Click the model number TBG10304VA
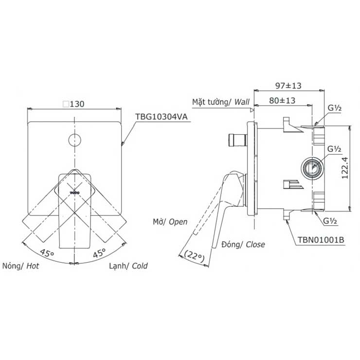point(161,117)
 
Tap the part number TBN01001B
point(321,240)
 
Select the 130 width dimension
point(77,104)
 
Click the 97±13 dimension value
point(288,86)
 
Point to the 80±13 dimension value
point(282,101)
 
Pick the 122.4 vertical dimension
point(344,168)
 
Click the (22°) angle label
point(194,256)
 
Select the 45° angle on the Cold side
point(99,252)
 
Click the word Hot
point(33,266)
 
